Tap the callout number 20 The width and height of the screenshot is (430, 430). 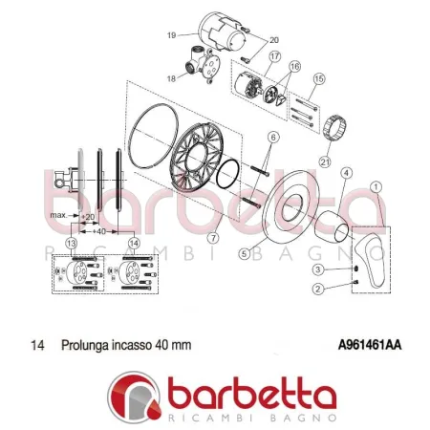point(274,40)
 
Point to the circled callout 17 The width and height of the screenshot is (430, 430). point(275,57)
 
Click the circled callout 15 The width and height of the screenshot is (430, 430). point(320,77)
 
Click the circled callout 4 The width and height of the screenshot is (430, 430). point(346,172)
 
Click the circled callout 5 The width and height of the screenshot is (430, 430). point(245,253)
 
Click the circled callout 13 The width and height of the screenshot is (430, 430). point(71,244)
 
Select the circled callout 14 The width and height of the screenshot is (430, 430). point(133,244)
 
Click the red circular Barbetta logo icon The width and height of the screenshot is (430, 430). point(134,398)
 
